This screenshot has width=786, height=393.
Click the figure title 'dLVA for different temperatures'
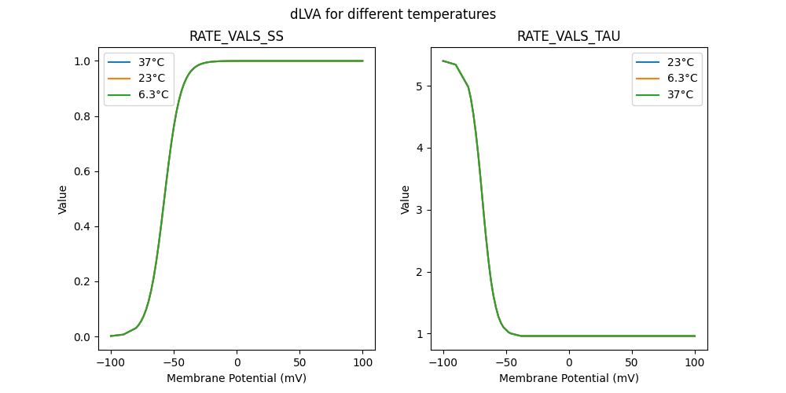click(393, 14)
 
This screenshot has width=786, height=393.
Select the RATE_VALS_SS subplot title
click(237, 36)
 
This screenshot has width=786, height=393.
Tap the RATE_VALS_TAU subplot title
click(568, 36)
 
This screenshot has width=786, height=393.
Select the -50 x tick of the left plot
click(174, 362)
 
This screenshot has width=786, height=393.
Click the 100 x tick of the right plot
click(695, 362)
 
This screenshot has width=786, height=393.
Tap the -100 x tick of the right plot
click(443, 362)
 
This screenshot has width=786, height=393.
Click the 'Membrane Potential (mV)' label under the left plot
click(237, 378)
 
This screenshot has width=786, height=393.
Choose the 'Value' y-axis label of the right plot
click(406, 199)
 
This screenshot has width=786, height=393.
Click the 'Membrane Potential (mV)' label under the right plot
click(568, 378)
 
